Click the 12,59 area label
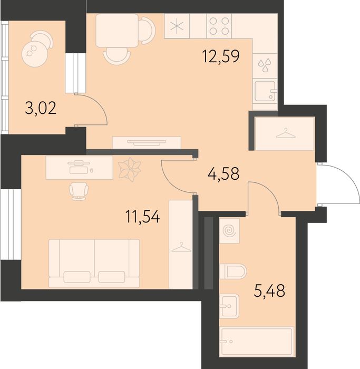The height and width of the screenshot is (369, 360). coord(221,56)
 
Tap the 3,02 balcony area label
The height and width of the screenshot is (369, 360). coord(41,108)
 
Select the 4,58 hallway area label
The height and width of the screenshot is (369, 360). coord(223,173)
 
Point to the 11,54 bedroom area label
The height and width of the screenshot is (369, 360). coord(143,217)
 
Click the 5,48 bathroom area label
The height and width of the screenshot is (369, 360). coord(270,291)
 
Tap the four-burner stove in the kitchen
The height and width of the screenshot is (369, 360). coord(219,26)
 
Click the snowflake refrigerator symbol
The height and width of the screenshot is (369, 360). coord(177,26)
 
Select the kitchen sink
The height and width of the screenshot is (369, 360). coord(265,91)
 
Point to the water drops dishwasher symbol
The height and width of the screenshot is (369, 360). coord(265,65)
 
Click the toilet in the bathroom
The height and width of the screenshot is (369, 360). coord(233,271)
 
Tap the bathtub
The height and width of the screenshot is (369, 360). coord(257,342)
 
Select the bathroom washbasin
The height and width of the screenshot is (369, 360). coord(229,306)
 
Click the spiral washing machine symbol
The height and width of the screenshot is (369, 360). coord(229,231)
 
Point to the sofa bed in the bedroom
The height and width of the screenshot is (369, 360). coord(94,264)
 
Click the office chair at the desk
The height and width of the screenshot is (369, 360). coord(79,191)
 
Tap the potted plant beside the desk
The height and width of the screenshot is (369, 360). coord(130,169)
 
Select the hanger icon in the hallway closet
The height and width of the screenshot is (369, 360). coord(285,133)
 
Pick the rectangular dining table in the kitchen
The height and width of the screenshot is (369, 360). coord(117,31)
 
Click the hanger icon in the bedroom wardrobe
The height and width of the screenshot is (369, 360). coord(181,247)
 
